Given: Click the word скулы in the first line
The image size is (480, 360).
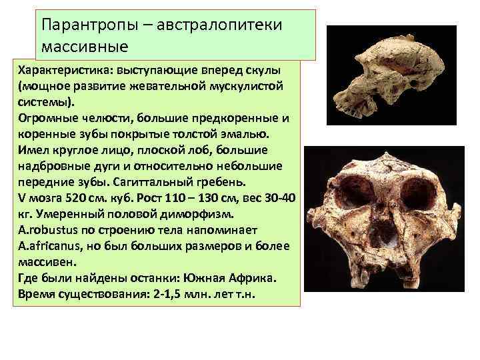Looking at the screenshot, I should tap(265, 71).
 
